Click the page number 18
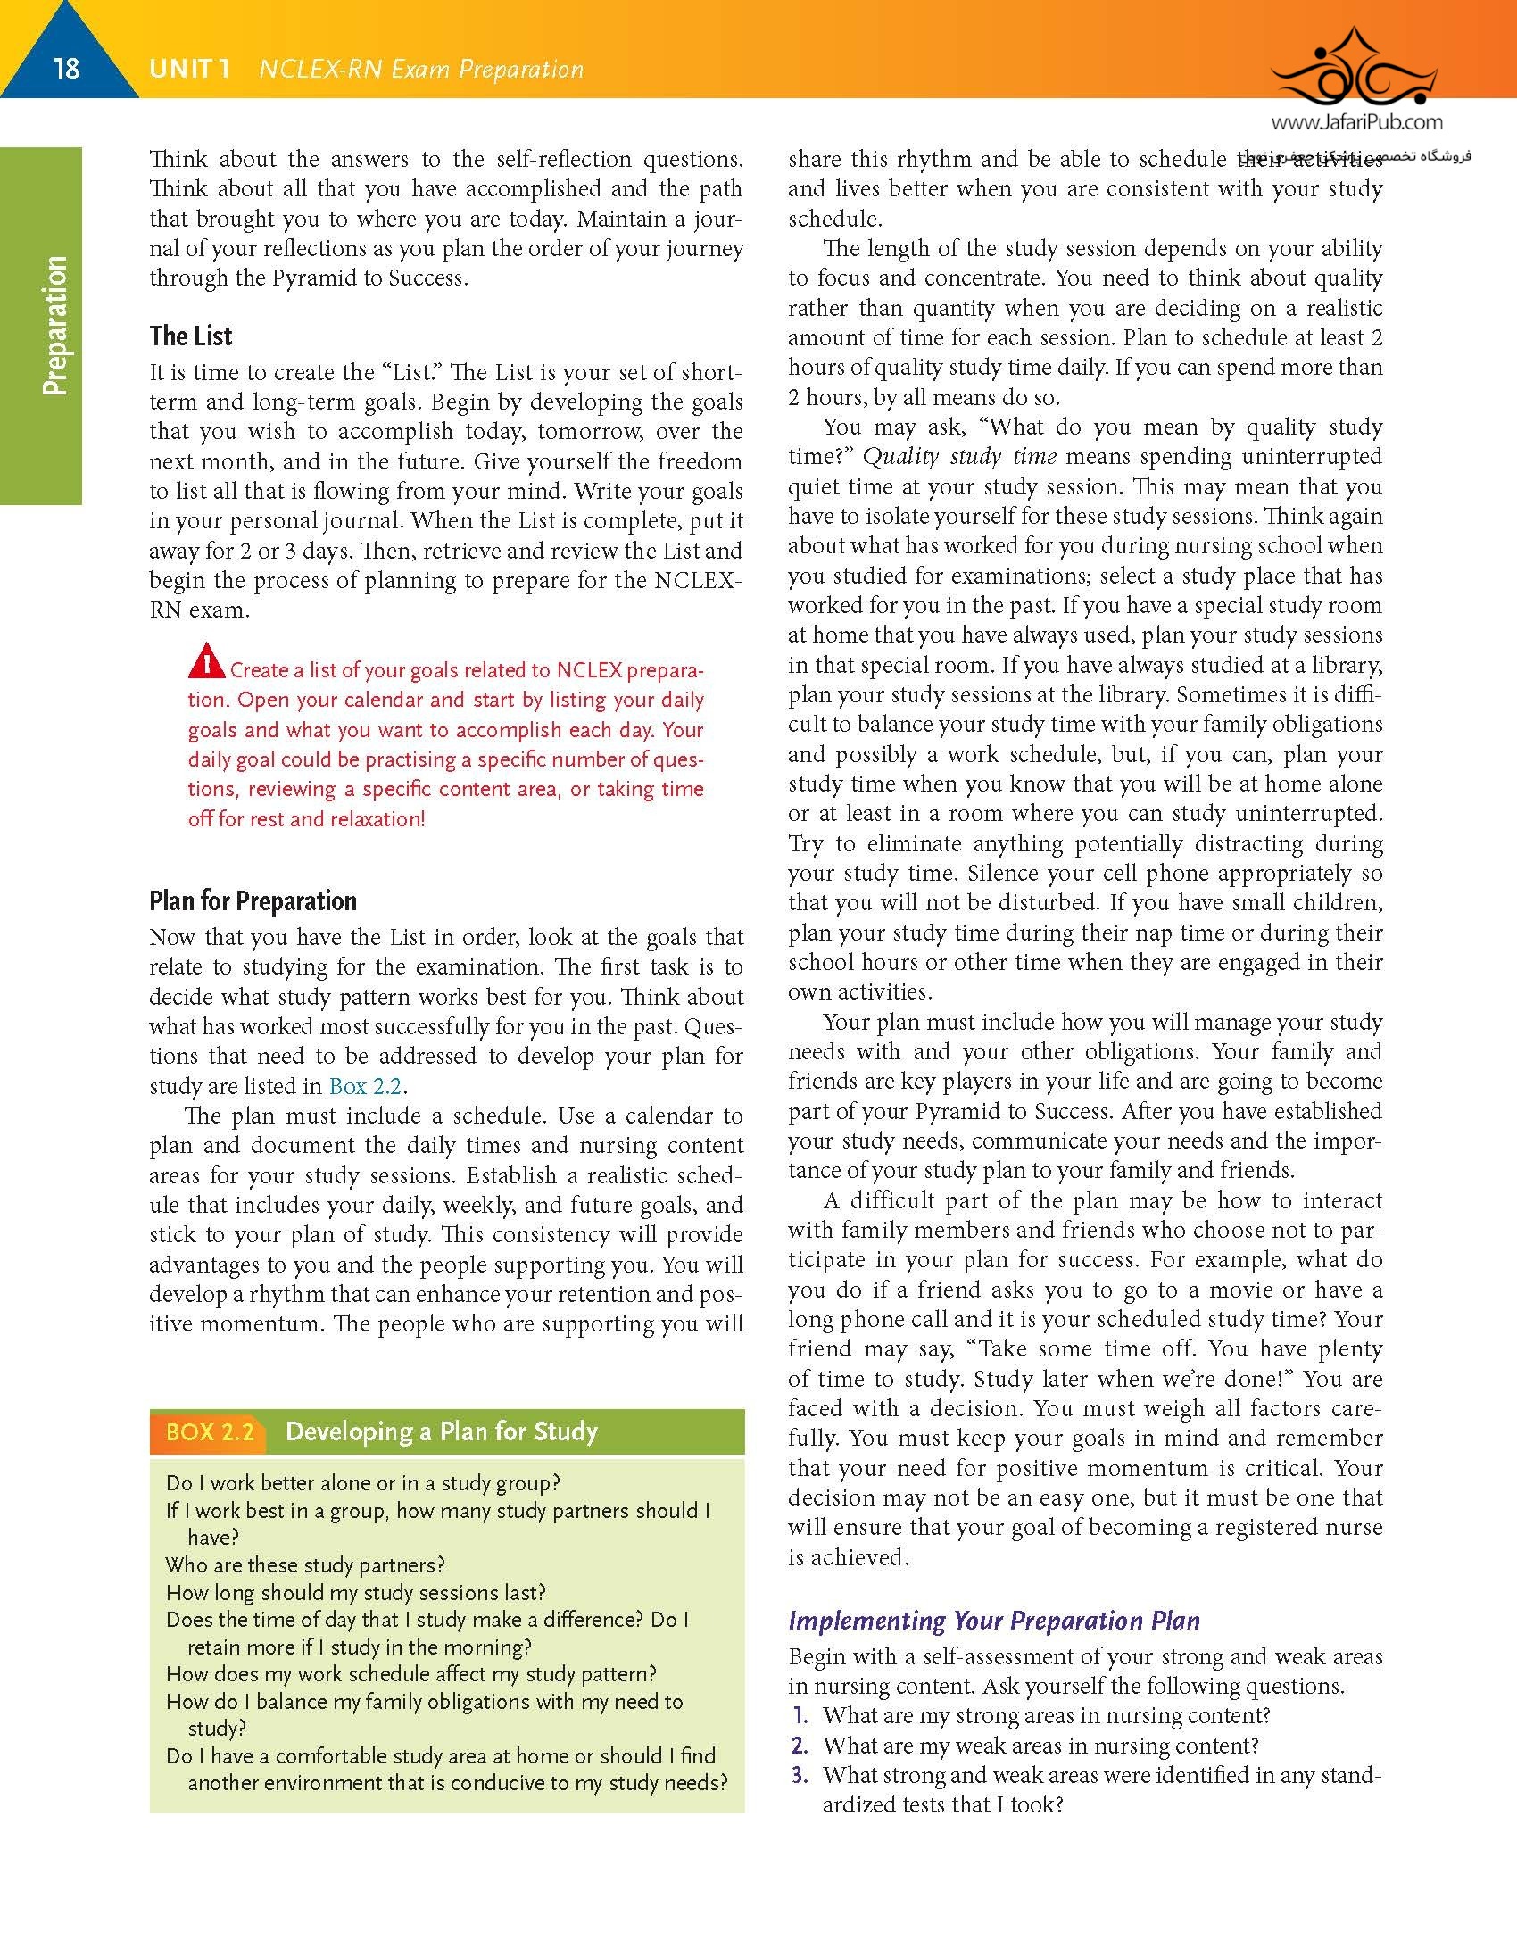(67, 68)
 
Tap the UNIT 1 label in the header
(189, 69)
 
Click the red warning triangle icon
(206, 661)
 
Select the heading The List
(191, 336)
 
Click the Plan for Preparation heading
(253, 900)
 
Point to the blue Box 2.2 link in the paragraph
(366, 1086)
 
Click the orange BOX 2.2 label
(210, 1431)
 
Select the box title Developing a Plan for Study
(442, 1431)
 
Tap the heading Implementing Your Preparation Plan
(994, 1621)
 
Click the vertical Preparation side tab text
(54, 326)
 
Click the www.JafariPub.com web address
(1356, 122)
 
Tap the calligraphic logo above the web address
(1355, 67)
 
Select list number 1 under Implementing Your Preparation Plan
(800, 1715)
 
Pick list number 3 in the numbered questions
(800, 1775)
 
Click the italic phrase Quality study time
(959, 457)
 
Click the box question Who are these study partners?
(305, 1564)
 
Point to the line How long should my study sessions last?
(356, 1592)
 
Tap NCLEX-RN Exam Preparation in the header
(421, 69)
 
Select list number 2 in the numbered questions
(800, 1746)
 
